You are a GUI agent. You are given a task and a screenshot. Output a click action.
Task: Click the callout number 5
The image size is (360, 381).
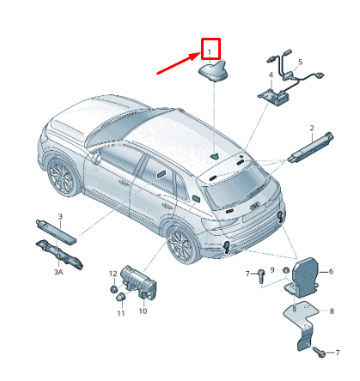coord(300,63)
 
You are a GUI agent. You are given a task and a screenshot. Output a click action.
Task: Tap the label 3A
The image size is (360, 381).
coord(59,271)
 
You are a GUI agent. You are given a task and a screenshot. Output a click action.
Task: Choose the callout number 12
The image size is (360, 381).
coord(112,274)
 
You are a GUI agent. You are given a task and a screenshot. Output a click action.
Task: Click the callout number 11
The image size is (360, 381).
coord(120,314)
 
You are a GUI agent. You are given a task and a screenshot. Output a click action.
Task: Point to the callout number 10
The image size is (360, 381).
coord(143,310)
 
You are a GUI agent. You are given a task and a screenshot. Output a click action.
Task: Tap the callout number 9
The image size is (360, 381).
coord(272,270)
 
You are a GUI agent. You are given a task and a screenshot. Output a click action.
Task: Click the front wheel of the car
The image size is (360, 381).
coord(63,178)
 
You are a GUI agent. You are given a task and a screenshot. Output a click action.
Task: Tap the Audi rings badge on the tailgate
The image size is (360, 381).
coord(252,206)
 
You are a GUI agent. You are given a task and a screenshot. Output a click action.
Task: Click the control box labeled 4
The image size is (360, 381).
coord(272,93)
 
